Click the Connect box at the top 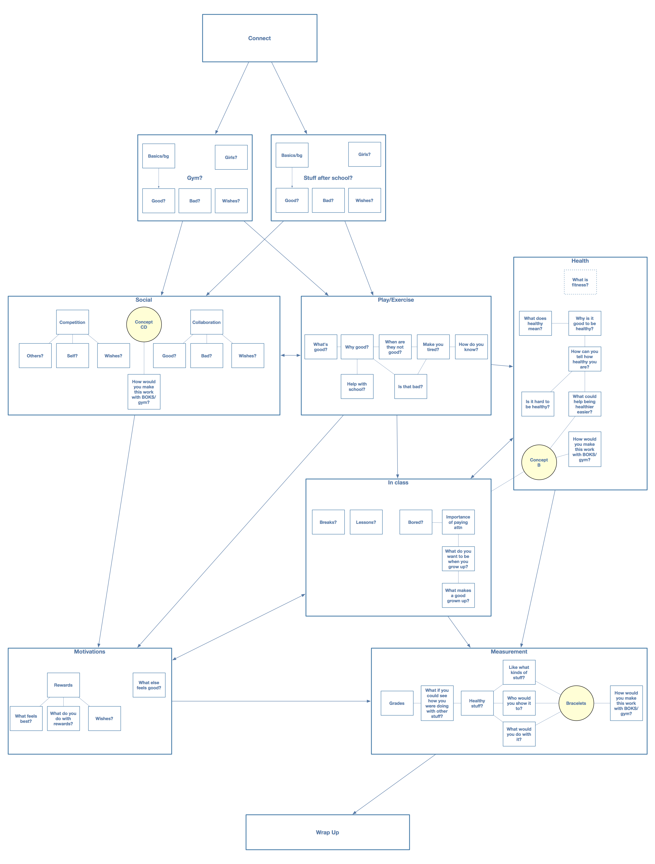pyautogui.click(x=260, y=38)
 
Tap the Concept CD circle pyautogui.click(x=144, y=325)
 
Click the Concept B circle pyautogui.click(x=539, y=462)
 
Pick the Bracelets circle pyautogui.click(x=576, y=703)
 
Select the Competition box pyautogui.click(x=72, y=322)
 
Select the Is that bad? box pyautogui.click(x=410, y=387)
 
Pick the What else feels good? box pyautogui.click(x=149, y=685)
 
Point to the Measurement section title pyautogui.click(x=509, y=651)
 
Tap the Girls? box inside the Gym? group pyautogui.click(x=231, y=157)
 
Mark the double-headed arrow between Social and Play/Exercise pyautogui.click(x=290, y=355)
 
